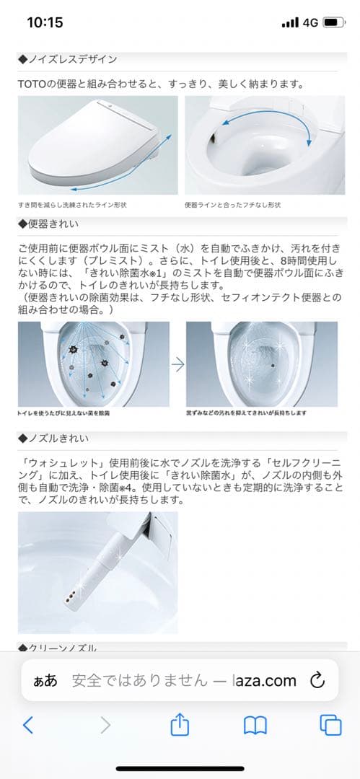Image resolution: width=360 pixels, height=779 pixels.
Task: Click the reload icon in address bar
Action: [x=317, y=680]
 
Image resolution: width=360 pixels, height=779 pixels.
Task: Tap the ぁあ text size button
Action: [x=45, y=681]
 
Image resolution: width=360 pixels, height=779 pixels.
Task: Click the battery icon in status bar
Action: [x=332, y=22]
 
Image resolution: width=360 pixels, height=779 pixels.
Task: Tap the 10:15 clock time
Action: [x=45, y=22]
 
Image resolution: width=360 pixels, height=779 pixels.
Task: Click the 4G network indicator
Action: [x=311, y=22]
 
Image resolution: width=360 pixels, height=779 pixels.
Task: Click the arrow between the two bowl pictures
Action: [x=177, y=364]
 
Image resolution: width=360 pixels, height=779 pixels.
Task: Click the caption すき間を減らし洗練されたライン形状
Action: [x=74, y=205]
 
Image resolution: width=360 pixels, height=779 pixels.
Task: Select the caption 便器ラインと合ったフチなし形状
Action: [x=233, y=205]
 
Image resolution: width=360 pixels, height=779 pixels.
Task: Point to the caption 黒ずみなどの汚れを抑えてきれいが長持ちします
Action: [x=247, y=413]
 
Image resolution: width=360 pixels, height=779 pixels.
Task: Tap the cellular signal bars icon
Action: [x=290, y=22]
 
